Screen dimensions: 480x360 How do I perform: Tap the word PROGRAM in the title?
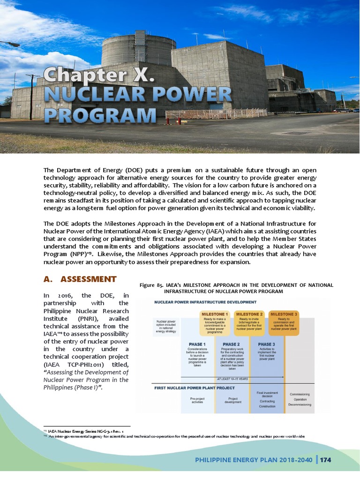pos(100,114)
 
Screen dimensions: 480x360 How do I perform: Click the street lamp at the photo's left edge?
pos(12,44)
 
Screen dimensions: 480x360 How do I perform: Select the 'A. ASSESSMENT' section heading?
pos(80,279)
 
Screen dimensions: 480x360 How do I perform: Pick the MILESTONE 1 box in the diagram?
pos(215,323)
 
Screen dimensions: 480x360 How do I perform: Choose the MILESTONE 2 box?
pos(249,323)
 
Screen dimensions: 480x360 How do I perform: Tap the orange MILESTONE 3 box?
pos(284,323)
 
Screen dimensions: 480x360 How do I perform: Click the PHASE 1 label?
pos(197,344)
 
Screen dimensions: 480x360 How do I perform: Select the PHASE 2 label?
pos(232,344)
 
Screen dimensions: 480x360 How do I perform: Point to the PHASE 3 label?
pos(266,344)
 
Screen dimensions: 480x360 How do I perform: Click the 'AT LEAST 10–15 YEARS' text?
pos(232,378)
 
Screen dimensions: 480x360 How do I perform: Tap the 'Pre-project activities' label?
pos(197,400)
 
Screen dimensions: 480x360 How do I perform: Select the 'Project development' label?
pos(232,400)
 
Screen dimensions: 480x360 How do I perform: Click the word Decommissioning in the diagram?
pos(300,404)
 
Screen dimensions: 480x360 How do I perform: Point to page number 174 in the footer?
pos(326,460)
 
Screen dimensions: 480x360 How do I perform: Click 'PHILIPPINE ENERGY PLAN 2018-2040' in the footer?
pos(254,460)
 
